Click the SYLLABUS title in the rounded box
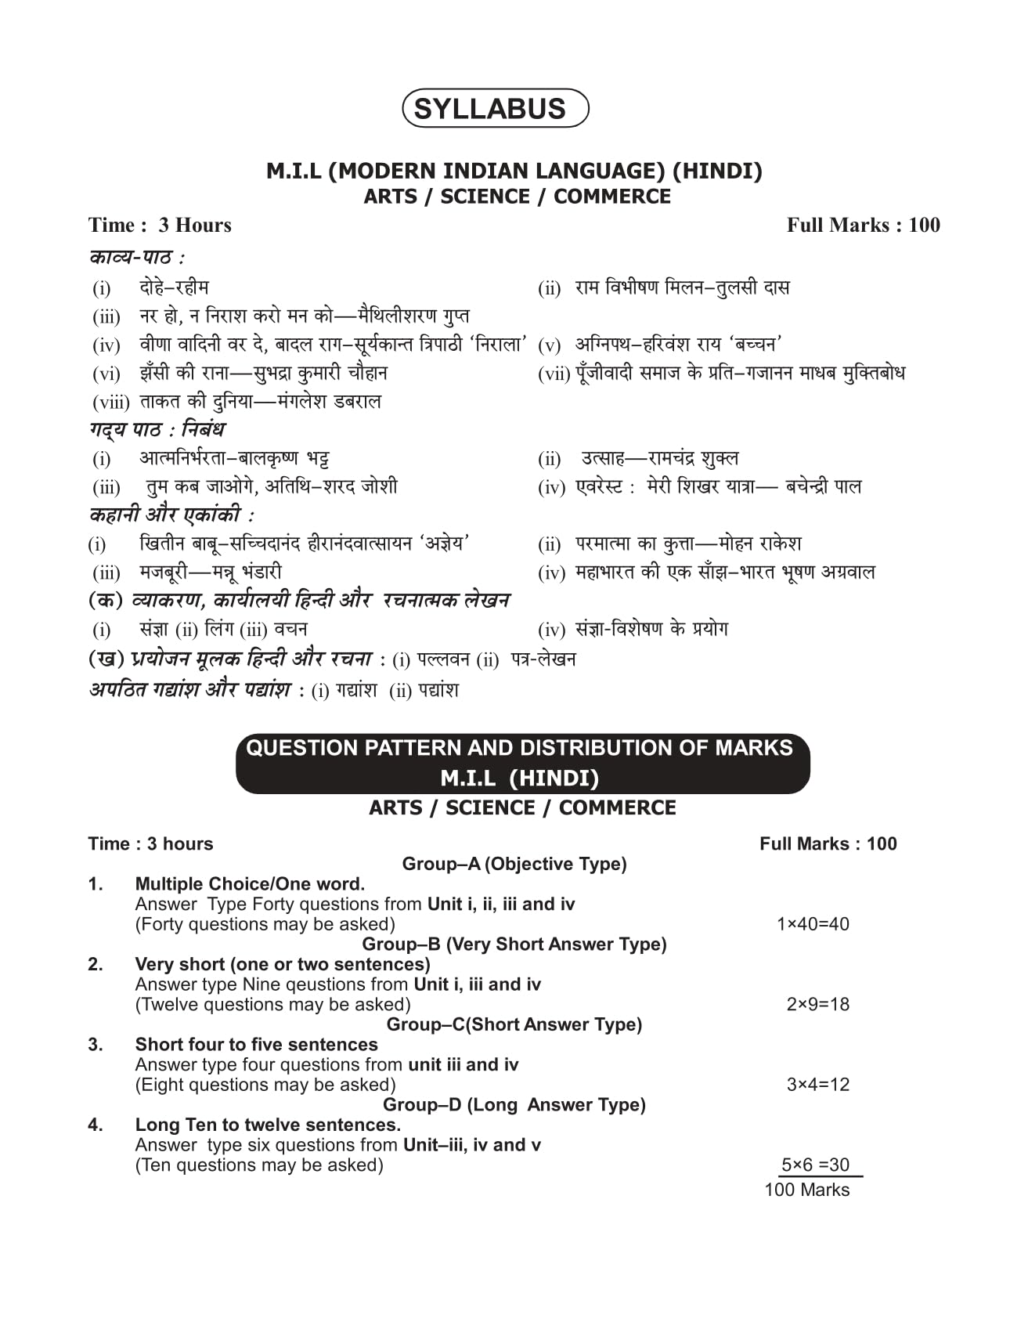[489, 109]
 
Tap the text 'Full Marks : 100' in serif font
[863, 226]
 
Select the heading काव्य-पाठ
[136, 258]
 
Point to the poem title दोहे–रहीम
[174, 287]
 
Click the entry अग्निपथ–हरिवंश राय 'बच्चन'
[679, 345]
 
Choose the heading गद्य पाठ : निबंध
[157, 430]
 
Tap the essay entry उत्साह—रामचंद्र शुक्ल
[659, 458]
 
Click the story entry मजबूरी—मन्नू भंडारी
[210, 573]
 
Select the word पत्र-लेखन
[543, 659]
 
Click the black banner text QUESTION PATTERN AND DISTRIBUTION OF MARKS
[519, 748]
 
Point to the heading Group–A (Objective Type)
[514, 864]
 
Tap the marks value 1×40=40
[813, 924]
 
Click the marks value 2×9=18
[817, 1005]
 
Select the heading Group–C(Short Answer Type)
[514, 1024]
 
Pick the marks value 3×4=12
[817, 1085]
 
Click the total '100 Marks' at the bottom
[806, 1190]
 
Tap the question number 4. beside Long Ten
[96, 1125]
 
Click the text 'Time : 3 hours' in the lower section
[150, 844]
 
